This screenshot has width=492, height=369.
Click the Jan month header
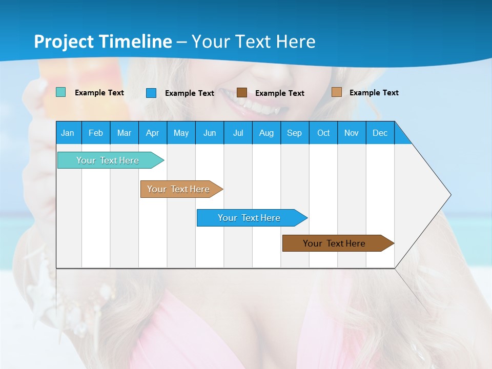(68, 133)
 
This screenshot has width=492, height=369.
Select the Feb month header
(96, 133)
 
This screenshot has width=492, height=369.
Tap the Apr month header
(152, 133)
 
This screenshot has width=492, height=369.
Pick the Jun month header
(210, 133)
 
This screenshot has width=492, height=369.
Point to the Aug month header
(266, 133)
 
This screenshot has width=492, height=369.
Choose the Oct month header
(323, 133)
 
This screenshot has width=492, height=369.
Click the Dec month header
(380, 133)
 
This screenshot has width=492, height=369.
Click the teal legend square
(60, 92)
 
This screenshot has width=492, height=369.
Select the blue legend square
(151, 93)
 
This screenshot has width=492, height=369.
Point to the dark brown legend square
(242, 92)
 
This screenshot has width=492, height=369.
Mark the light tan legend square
(336, 92)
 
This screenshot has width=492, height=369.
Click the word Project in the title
(64, 42)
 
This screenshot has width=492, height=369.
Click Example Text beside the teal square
(99, 93)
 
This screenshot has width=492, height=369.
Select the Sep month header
(294, 133)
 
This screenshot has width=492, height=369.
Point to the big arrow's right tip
(450, 195)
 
